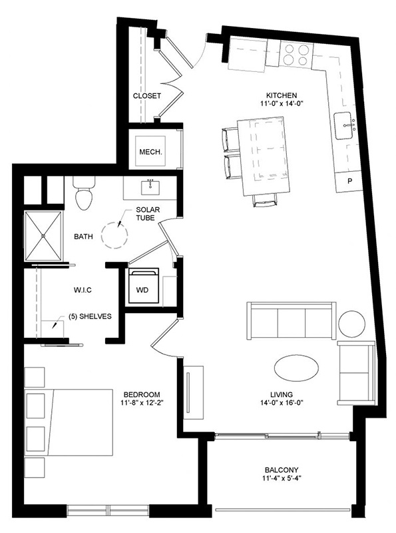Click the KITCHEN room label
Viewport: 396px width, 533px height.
tap(282, 95)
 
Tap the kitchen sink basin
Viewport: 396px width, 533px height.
tap(343, 126)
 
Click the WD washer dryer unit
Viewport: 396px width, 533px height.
tap(142, 286)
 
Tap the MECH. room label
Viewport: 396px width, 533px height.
tap(150, 152)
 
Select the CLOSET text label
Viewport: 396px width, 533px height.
tap(146, 96)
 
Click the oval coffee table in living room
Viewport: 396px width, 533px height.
tap(296, 369)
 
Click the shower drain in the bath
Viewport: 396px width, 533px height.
tap(43, 236)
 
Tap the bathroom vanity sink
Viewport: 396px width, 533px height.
tap(150, 187)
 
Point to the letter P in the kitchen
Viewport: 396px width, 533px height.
tap(350, 181)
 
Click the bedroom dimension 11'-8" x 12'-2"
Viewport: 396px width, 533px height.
tap(142, 403)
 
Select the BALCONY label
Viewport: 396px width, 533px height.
tap(282, 470)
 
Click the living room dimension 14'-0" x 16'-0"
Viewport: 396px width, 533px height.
tap(282, 403)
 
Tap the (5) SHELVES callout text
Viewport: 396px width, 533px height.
tap(90, 316)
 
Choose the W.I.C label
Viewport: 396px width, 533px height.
tap(83, 290)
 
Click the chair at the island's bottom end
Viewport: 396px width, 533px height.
tap(265, 201)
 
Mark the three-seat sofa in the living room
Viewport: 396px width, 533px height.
tap(292, 320)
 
